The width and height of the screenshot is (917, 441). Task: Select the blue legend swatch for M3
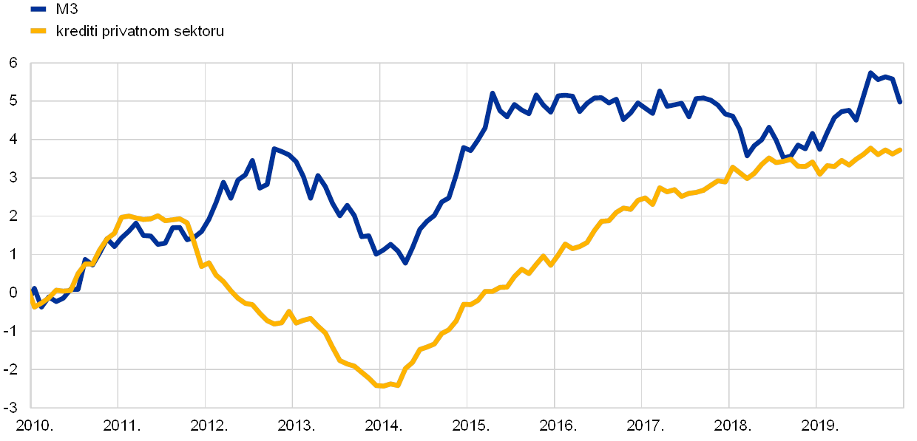point(38,9)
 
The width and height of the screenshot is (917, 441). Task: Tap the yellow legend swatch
point(38,31)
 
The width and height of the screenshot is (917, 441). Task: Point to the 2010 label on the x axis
point(32,426)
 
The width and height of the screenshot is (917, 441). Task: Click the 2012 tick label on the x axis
point(206,426)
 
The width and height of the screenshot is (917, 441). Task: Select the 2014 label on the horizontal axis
point(381,426)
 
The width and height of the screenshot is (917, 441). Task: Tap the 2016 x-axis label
point(555,426)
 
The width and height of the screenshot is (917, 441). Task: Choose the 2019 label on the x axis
point(817,426)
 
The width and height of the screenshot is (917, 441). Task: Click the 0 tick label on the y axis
point(13,293)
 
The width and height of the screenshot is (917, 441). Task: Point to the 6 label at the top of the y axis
point(13,64)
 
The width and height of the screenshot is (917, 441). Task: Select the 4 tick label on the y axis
point(13,140)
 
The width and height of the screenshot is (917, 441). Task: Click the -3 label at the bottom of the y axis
point(13,407)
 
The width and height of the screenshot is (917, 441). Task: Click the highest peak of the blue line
point(870,72)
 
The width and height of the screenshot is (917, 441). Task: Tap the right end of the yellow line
point(901,149)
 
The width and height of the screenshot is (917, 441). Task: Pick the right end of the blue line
point(901,103)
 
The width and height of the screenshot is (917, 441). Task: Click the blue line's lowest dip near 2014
point(405,263)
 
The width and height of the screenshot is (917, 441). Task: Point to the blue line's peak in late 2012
point(273,148)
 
